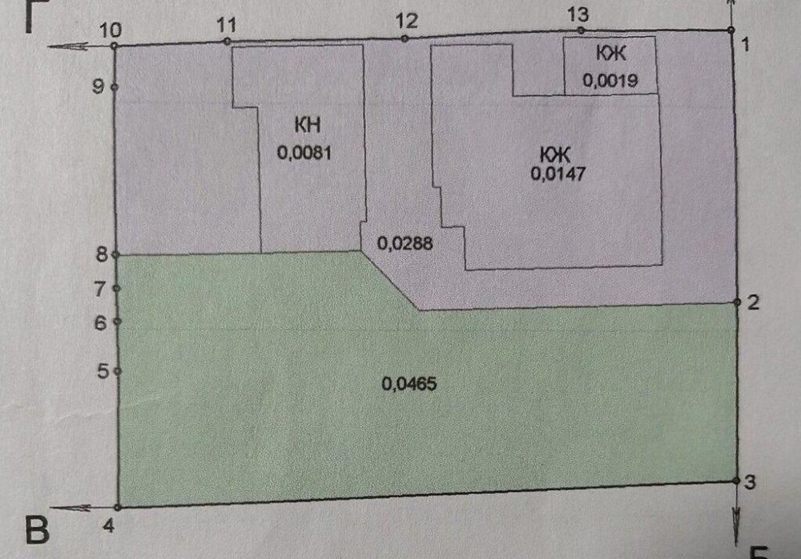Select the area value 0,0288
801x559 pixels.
404,242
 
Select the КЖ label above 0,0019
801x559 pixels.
610,54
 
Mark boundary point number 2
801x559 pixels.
736,303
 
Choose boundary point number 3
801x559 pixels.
736,481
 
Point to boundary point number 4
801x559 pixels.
118,507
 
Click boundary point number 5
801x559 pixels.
117,371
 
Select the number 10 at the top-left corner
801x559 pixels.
111,30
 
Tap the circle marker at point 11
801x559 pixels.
227,41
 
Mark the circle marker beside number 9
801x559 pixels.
115,87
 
